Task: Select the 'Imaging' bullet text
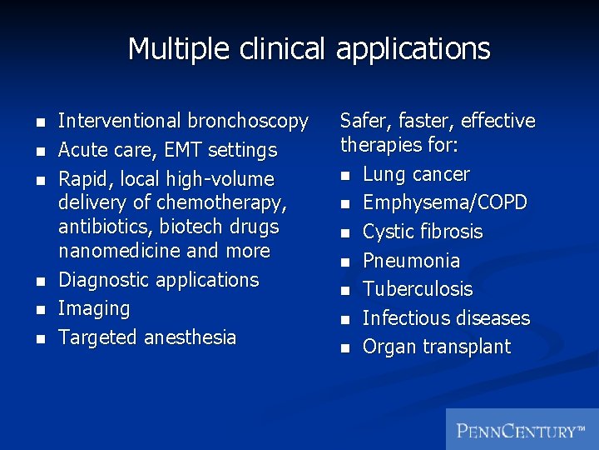pos(94,309)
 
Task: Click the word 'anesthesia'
pos(190,337)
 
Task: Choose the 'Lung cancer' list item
pos(416,174)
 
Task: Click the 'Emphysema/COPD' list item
pos(445,203)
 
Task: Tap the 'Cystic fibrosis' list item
pos(423,232)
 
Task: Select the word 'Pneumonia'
pos(411,261)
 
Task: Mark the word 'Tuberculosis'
pos(418,289)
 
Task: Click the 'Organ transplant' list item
pos(437,347)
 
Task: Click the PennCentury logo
pos(522,430)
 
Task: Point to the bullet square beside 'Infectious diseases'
pos(346,319)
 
